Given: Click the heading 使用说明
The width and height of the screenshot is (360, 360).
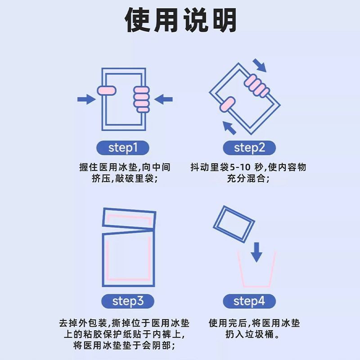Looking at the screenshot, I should click(180, 20).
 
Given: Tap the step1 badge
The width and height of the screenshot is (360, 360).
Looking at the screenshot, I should click(122, 147).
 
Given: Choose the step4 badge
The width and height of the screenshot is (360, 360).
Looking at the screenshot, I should click(248, 301).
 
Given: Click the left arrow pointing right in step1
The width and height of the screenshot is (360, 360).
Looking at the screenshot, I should click(85, 99).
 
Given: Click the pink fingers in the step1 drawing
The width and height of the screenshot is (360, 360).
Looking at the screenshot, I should click(141, 99).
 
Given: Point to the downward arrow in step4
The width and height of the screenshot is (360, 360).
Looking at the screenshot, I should click(256, 252).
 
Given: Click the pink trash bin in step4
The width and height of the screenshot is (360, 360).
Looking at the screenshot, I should click(256, 272).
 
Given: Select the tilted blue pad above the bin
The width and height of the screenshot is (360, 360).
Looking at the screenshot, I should click(234, 224).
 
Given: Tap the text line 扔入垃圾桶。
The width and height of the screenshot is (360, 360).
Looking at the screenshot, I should click(254, 335).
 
